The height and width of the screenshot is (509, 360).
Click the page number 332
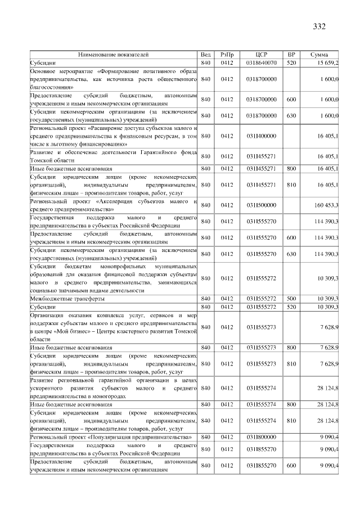click(319, 26)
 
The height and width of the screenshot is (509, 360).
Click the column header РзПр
click(227, 55)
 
